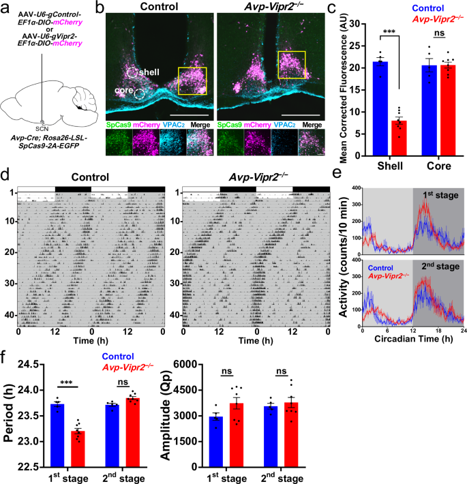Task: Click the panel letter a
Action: [5, 7]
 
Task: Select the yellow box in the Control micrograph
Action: [192, 81]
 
